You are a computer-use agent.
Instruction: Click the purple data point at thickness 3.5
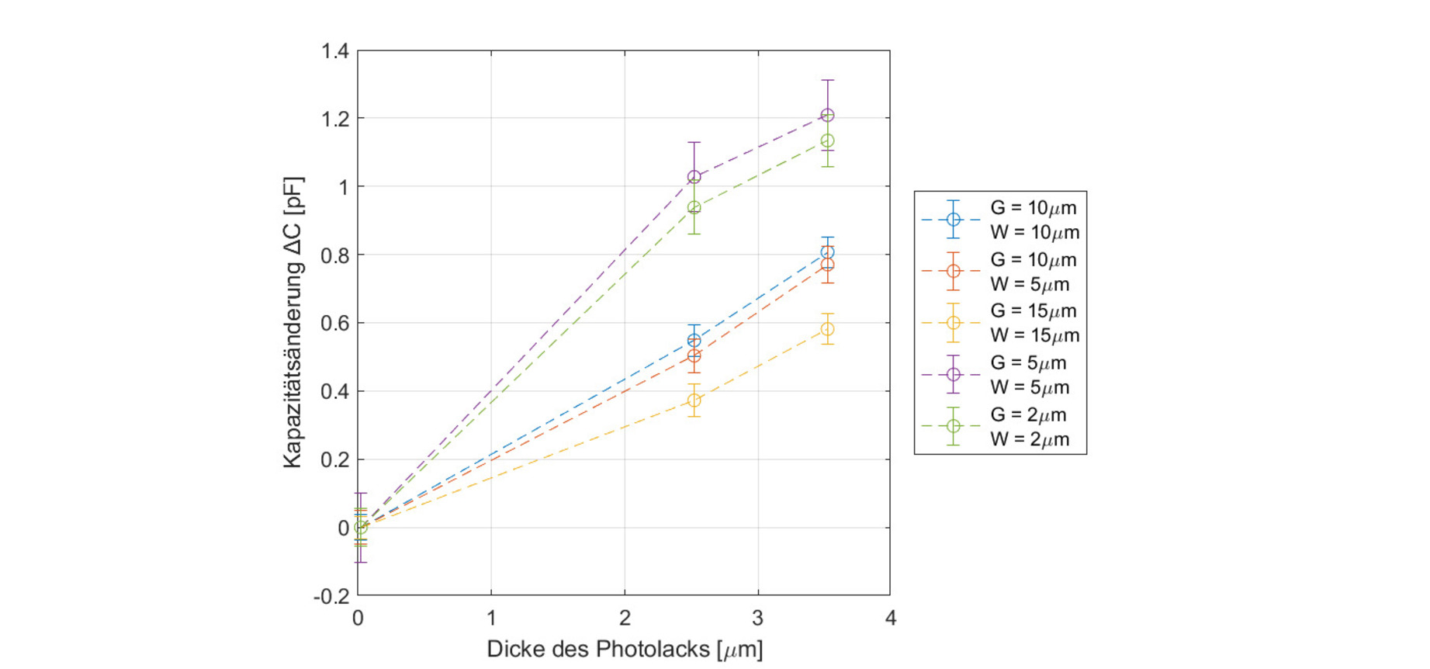(x=827, y=116)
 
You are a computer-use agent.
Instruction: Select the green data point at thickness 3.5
(x=827, y=141)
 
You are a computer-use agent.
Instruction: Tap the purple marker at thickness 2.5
(x=694, y=177)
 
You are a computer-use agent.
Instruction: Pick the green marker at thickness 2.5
(x=694, y=208)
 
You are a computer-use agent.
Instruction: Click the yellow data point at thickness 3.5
(x=827, y=329)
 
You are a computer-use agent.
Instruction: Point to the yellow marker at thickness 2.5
(x=694, y=400)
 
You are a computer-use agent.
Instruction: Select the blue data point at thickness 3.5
(x=827, y=252)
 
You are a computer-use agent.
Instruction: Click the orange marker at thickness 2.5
(x=694, y=356)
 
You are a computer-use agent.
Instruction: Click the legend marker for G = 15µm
(x=953, y=323)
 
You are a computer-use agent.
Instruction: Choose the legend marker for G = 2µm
(x=953, y=426)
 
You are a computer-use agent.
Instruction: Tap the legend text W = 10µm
(x=1034, y=232)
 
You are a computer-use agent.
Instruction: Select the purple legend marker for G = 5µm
(x=953, y=374)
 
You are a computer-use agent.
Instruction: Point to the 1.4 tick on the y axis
(x=335, y=51)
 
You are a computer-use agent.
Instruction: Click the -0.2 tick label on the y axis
(x=331, y=596)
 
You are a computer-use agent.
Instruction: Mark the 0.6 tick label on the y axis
(x=335, y=323)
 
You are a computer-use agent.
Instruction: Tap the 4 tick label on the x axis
(x=891, y=619)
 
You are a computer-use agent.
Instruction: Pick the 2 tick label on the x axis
(x=625, y=619)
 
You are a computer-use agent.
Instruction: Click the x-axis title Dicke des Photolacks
(x=625, y=649)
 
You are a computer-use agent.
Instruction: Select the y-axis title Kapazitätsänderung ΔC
(x=293, y=323)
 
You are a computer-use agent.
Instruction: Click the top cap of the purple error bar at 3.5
(x=827, y=80)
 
